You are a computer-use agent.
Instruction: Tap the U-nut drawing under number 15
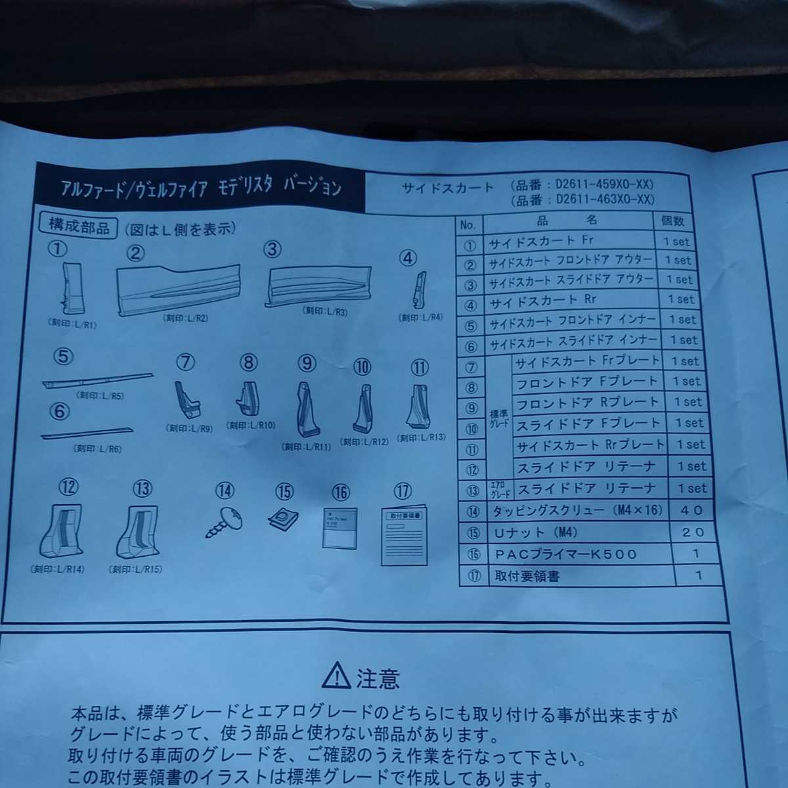(283, 519)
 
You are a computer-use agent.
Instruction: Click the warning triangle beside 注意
(336, 675)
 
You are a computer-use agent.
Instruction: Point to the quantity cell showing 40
(692, 510)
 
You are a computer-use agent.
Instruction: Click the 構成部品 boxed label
(79, 227)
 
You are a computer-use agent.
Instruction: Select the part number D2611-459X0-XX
(604, 185)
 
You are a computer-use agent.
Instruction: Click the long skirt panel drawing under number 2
(179, 289)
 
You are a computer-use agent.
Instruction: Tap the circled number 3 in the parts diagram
(272, 249)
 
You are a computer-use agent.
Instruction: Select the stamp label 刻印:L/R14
(58, 569)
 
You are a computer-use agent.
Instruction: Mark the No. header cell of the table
(468, 225)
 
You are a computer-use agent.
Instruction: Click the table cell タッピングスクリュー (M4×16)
(577, 510)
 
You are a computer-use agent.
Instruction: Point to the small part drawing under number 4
(418, 290)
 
